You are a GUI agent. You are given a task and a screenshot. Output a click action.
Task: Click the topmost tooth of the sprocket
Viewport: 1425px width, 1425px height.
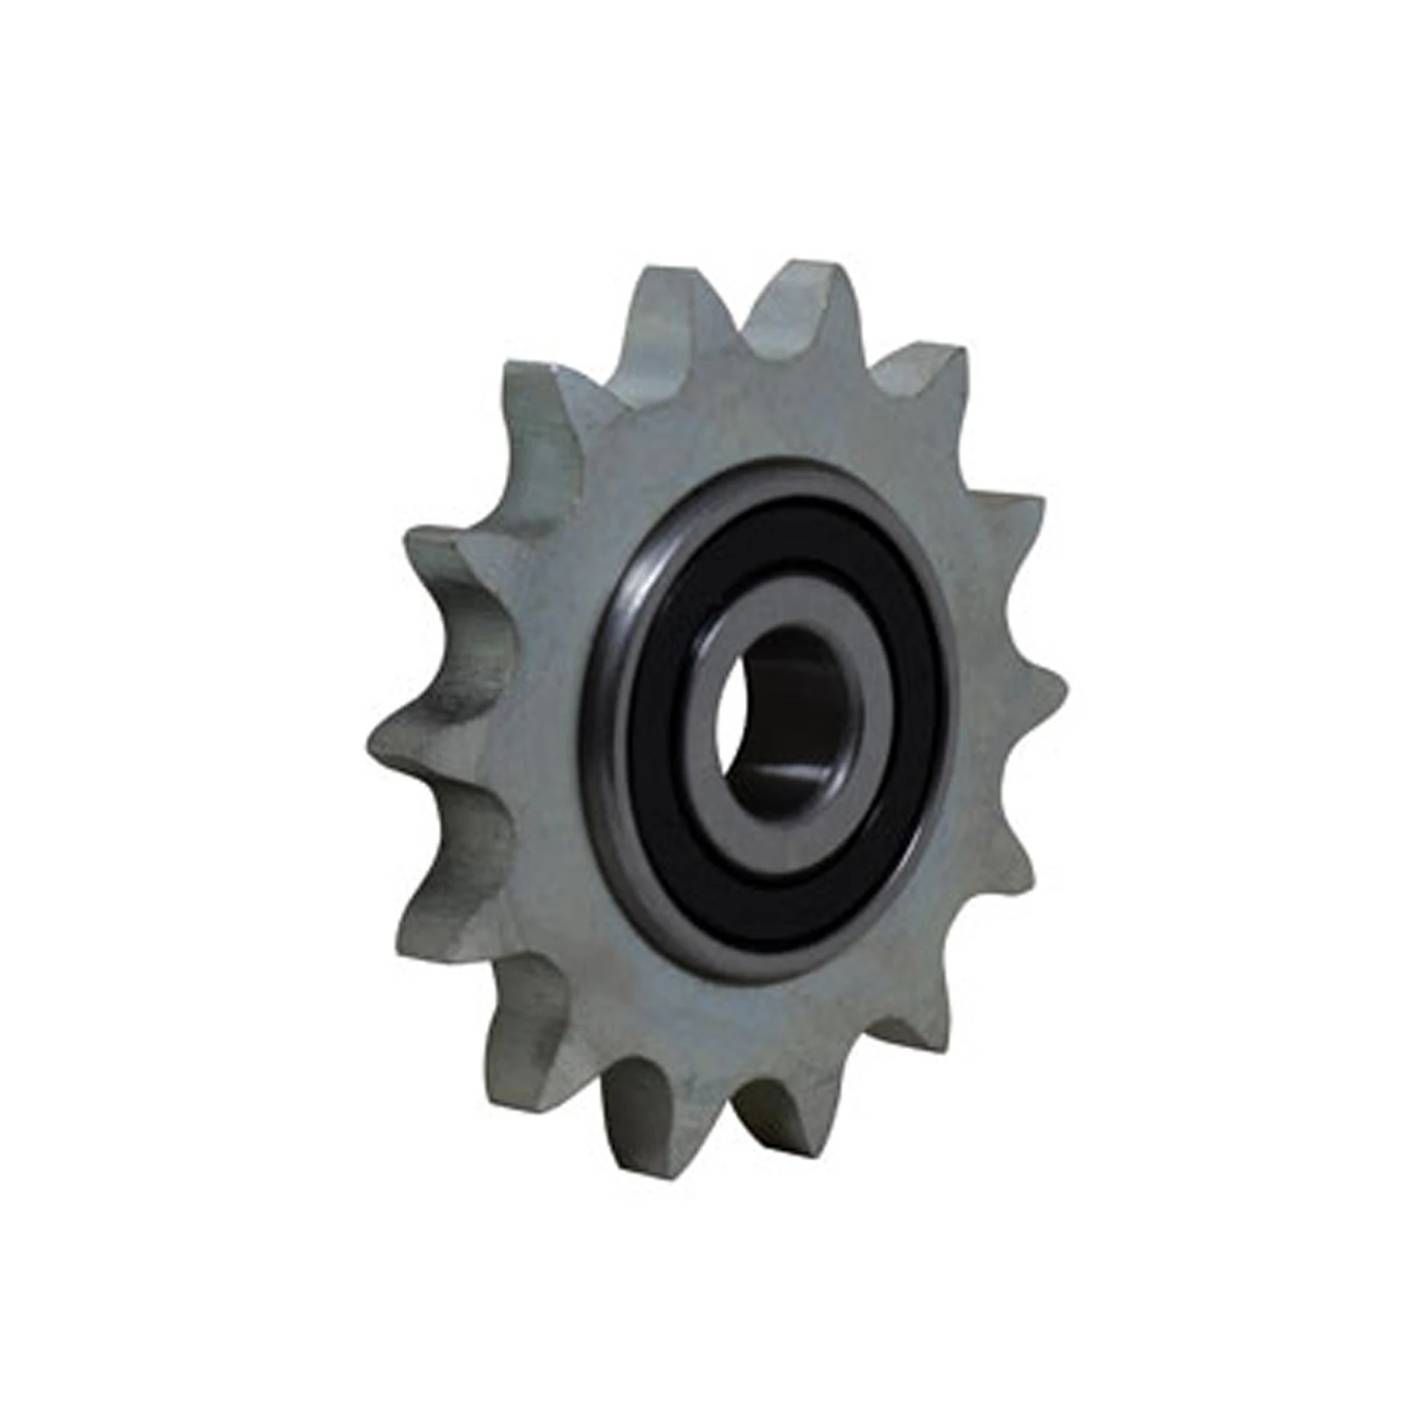point(800,284)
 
